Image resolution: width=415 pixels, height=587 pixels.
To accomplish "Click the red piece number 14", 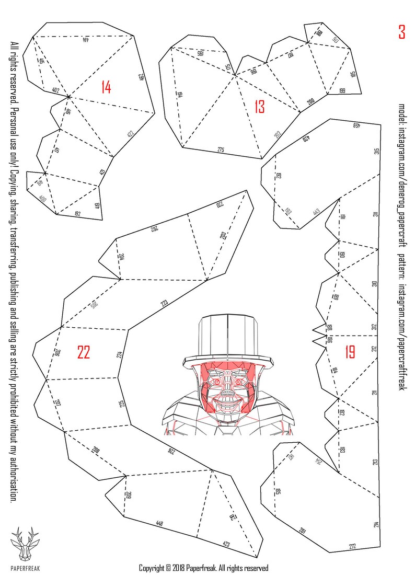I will (x=106, y=87).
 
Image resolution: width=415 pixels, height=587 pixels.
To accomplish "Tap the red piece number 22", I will (x=84, y=353).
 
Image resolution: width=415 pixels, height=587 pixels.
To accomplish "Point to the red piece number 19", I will (x=350, y=352).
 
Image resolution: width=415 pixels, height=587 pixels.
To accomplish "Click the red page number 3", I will (x=401, y=32).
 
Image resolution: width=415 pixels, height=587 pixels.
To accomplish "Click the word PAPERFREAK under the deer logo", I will (x=25, y=568).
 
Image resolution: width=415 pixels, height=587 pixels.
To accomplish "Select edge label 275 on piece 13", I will (x=221, y=150).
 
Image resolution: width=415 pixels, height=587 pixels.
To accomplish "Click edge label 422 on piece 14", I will (x=130, y=133).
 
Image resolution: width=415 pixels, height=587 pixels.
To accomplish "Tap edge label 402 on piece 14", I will (x=55, y=90).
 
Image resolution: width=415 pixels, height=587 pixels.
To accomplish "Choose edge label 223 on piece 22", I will (x=164, y=303).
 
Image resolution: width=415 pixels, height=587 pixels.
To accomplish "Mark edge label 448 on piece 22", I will (x=159, y=523).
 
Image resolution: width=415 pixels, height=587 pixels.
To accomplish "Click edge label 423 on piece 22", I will (x=226, y=544).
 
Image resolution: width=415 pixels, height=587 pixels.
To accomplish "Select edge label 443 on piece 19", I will (x=316, y=212).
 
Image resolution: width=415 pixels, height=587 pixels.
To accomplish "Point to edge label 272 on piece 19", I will (x=352, y=547).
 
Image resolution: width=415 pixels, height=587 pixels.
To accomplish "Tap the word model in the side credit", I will (x=401, y=112).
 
